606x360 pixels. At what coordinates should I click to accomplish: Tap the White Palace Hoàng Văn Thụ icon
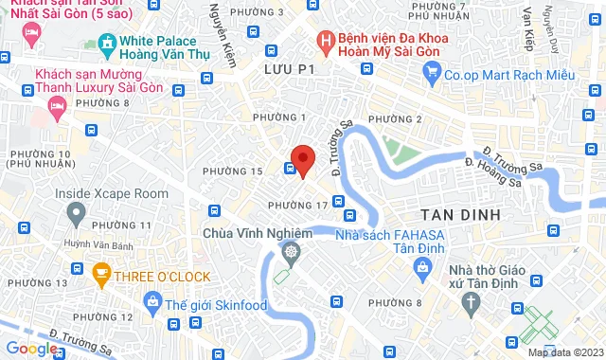[105, 44]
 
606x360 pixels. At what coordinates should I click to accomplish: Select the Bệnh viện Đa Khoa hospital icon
[326, 41]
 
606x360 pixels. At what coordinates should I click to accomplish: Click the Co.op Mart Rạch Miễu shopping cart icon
[432, 69]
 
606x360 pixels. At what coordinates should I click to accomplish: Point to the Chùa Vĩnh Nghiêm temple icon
[289, 251]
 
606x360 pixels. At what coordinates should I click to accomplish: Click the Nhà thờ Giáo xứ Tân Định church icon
[471, 302]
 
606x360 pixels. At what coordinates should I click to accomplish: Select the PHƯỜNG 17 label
[297, 206]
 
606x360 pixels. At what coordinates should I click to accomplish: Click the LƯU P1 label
[288, 71]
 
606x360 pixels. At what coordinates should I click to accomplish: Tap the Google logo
[30, 349]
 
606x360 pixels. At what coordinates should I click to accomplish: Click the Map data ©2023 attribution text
[565, 352]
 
